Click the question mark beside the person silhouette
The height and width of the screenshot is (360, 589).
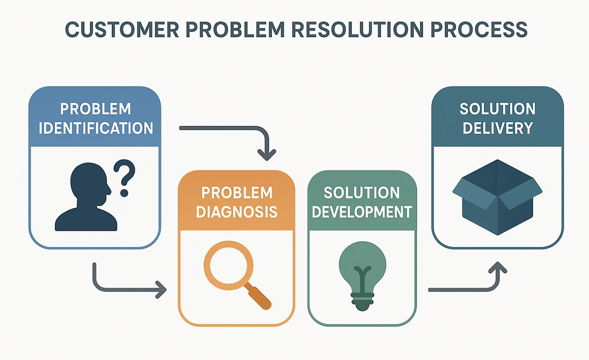[125, 178]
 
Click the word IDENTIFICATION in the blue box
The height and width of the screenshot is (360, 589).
[96, 128]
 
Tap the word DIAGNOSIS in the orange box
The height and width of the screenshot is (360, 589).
[237, 212]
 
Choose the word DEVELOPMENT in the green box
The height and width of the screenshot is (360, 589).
[362, 212]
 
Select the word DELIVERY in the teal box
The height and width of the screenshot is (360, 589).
[497, 128]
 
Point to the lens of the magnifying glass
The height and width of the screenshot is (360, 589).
[228, 265]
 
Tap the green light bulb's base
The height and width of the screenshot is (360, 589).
[362, 302]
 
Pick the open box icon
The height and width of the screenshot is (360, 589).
[497, 197]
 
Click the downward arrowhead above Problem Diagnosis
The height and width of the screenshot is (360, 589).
[266, 155]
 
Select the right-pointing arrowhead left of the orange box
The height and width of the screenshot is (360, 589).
[161, 290]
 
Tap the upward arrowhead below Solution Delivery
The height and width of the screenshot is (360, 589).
[497, 268]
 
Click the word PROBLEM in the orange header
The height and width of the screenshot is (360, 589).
[237, 193]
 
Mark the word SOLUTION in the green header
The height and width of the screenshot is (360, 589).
[362, 193]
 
